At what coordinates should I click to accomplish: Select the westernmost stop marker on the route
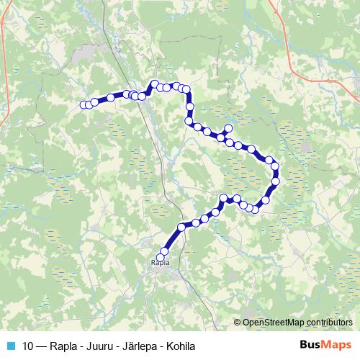pyautogui.click(x=83, y=104)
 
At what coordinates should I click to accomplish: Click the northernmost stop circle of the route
pyautogui.click(x=154, y=84)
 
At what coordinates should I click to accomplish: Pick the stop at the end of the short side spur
pyautogui.click(x=229, y=128)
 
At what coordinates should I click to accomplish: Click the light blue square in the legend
pyautogui.click(x=11, y=344)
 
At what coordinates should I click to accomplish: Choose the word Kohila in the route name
pyautogui.click(x=182, y=344)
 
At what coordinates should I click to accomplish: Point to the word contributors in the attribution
pyautogui.click(x=331, y=323)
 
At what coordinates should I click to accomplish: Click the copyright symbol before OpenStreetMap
pyautogui.click(x=238, y=323)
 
